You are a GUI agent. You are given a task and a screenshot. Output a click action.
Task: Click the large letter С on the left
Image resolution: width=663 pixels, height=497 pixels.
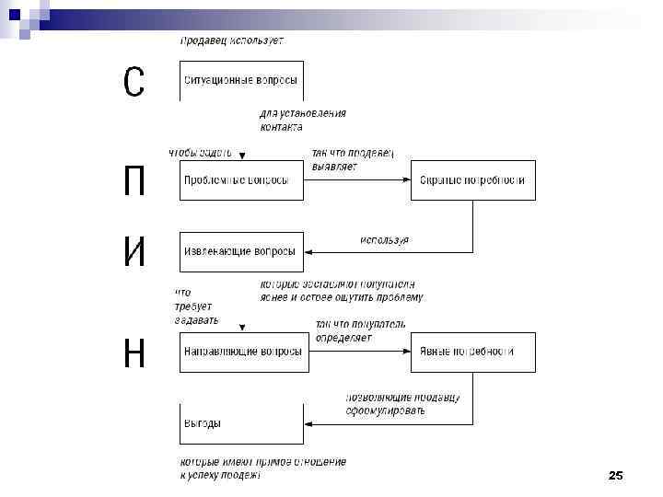[x=134, y=83]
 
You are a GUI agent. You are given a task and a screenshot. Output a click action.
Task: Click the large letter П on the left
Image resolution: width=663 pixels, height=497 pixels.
[x=134, y=180]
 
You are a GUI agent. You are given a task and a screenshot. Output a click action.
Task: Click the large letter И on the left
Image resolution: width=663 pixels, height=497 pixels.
[x=134, y=251]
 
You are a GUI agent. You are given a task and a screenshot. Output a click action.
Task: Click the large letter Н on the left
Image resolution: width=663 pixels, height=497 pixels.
[x=134, y=352]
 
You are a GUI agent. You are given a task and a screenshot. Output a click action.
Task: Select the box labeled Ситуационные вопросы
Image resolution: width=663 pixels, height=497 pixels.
[x=241, y=81]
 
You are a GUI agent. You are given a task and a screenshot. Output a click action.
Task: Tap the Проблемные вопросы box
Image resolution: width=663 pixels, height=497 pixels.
[x=241, y=180]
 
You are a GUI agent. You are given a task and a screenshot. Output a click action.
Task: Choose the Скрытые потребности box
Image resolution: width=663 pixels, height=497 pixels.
[x=472, y=180]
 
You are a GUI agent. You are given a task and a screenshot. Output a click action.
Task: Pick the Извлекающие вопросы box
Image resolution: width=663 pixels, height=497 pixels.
[x=241, y=251]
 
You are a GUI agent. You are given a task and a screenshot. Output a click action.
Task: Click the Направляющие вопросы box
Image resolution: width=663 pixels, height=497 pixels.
[x=241, y=352]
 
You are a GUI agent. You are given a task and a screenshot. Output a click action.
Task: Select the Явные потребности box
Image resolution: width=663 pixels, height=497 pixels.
[x=472, y=352]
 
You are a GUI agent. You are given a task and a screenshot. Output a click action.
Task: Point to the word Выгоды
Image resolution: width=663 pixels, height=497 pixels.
[x=203, y=423]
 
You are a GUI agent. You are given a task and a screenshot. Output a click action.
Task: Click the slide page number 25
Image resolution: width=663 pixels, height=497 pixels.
[x=616, y=475]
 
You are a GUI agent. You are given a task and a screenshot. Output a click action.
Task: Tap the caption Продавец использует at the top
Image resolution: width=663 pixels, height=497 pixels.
[x=232, y=40]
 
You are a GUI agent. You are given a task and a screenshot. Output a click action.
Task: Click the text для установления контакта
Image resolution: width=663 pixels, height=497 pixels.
[x=303, y=120]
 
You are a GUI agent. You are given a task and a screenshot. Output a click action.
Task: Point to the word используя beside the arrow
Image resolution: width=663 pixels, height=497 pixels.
[x=384, y=239]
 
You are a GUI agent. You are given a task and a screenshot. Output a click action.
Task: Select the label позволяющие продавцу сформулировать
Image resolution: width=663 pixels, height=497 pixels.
[x=402, y=404]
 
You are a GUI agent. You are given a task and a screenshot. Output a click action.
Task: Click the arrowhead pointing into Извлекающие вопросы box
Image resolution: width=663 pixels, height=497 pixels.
[x=309, y=251]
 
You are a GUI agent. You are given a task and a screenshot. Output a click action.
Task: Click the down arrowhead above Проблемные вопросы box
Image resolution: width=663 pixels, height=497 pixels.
[x=241, y=156]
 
